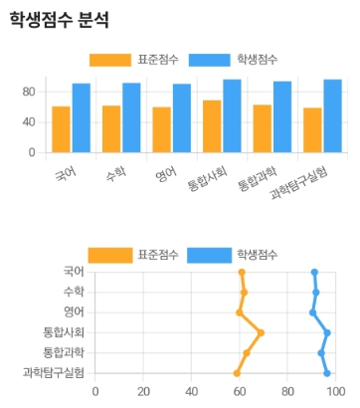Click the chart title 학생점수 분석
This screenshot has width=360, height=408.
pyautogui.click(x=59, y=20)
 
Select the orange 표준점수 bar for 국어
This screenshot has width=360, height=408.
pyautogui.click(x=62, y=130)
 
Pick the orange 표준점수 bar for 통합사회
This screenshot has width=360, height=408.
pyautogui.click(x=212, y=127)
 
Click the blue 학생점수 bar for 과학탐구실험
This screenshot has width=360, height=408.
pyautogui.click(x=332, y=116)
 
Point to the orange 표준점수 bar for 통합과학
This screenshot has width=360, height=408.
pyautogui.click(x=263, y=129)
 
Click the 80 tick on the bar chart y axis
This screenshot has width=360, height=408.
pyautogui.click(x=29, y=93)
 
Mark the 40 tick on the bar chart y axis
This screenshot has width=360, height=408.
pyautogui.click(x=29, y=122)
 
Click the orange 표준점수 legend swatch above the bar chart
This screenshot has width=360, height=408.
pyautogui.click(x=109, y=60)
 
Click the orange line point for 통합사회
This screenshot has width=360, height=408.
pyautogui.click(x=261, y=332)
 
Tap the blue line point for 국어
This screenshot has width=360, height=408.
pyautogui.click(x=314, y=272)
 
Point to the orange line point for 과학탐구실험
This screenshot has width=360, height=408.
pyautogui.click(x=237, y=373)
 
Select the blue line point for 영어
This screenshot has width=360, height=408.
pyautogui.click(x=312, y=312)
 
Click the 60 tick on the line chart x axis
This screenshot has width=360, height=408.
pyautogui.click(x=240, y=391)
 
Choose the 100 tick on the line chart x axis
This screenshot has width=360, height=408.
pyautogui.click(x=335, y=391)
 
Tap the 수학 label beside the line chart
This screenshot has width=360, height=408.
pyautogui.click(x=74, y=292)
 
